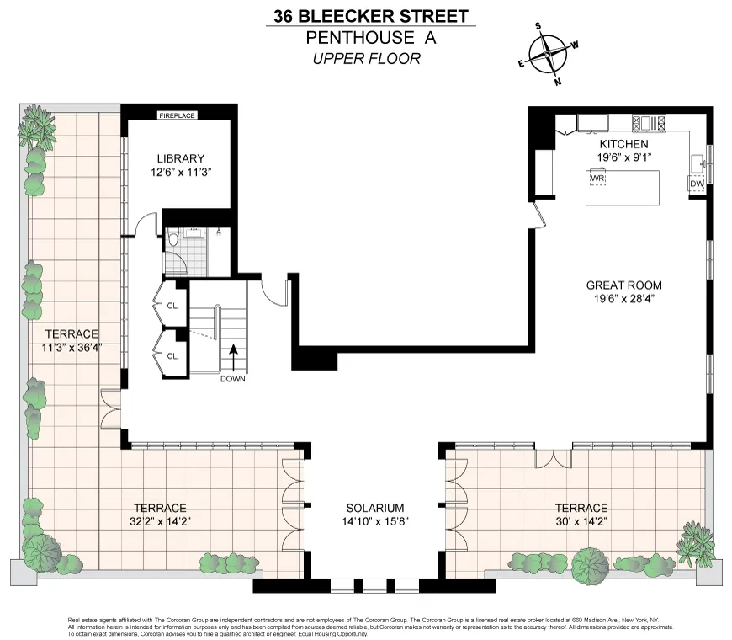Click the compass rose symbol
pos(549,54)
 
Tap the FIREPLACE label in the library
pos(178,115)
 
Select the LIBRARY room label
pos(180,158)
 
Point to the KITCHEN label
pos(623,144)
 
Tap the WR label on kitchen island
pos(598,179)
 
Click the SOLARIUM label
pos(375,509)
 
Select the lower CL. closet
pos(172,355)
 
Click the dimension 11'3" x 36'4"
pos(72,348)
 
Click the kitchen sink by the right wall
pos(697,162)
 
